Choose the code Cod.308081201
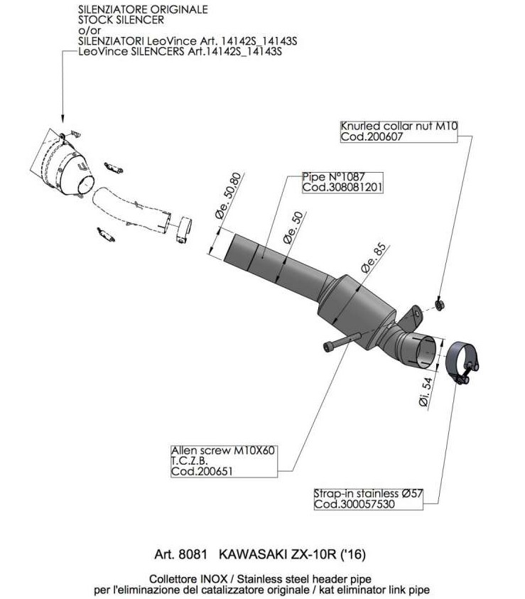[x=342, y=188]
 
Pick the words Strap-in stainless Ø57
[x=363, y=494]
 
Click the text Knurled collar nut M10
[x=399, y=126]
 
